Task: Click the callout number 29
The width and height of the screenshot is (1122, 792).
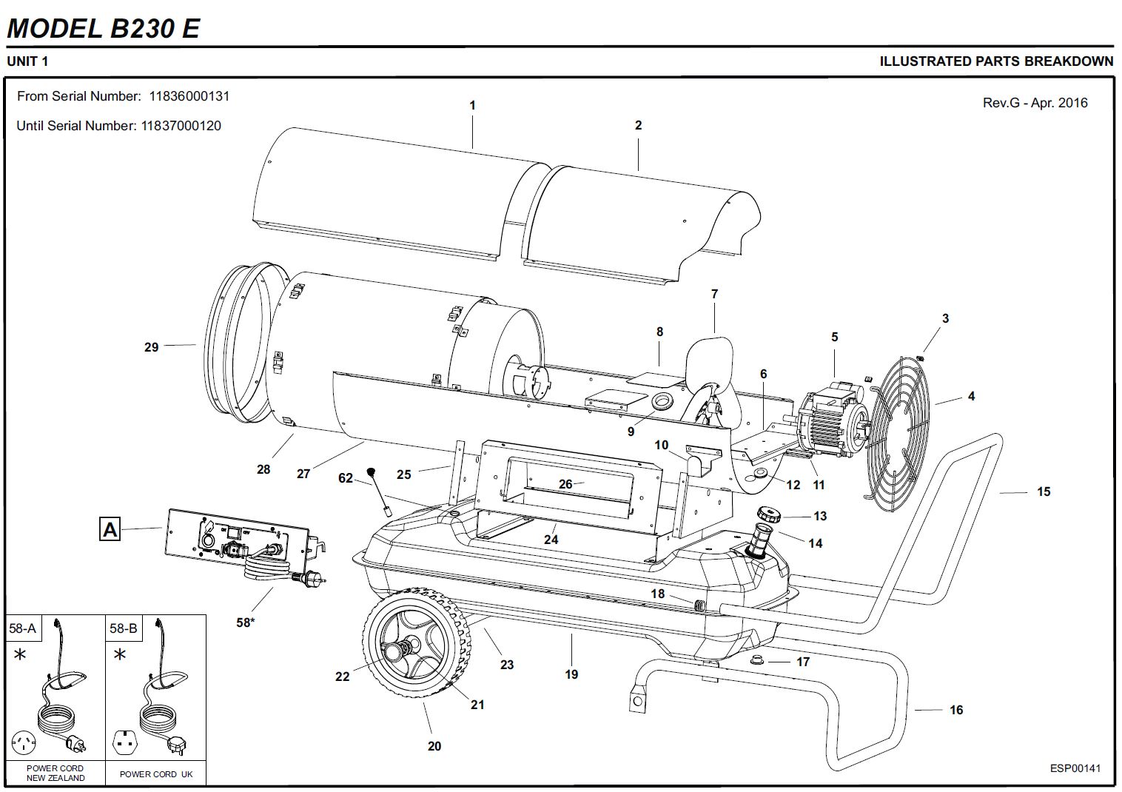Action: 151,346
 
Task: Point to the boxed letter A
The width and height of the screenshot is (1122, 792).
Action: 110,529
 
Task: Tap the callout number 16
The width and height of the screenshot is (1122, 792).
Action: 956,710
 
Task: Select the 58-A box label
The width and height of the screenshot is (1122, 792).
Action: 22,628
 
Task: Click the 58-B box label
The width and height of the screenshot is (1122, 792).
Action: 124,628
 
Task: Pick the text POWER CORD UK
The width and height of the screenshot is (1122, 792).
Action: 155,774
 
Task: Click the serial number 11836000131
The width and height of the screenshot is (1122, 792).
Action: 189,96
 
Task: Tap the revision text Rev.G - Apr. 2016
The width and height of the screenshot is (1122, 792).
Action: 1035,103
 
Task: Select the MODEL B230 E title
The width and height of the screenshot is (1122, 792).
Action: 103,28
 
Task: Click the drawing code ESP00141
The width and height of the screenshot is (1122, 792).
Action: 1075,768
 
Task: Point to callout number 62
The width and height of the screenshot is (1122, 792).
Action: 346,478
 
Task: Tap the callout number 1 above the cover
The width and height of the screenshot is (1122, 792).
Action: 473,105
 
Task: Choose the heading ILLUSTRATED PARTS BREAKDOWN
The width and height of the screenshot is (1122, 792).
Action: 995,61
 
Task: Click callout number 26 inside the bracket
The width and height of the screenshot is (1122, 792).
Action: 565,484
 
